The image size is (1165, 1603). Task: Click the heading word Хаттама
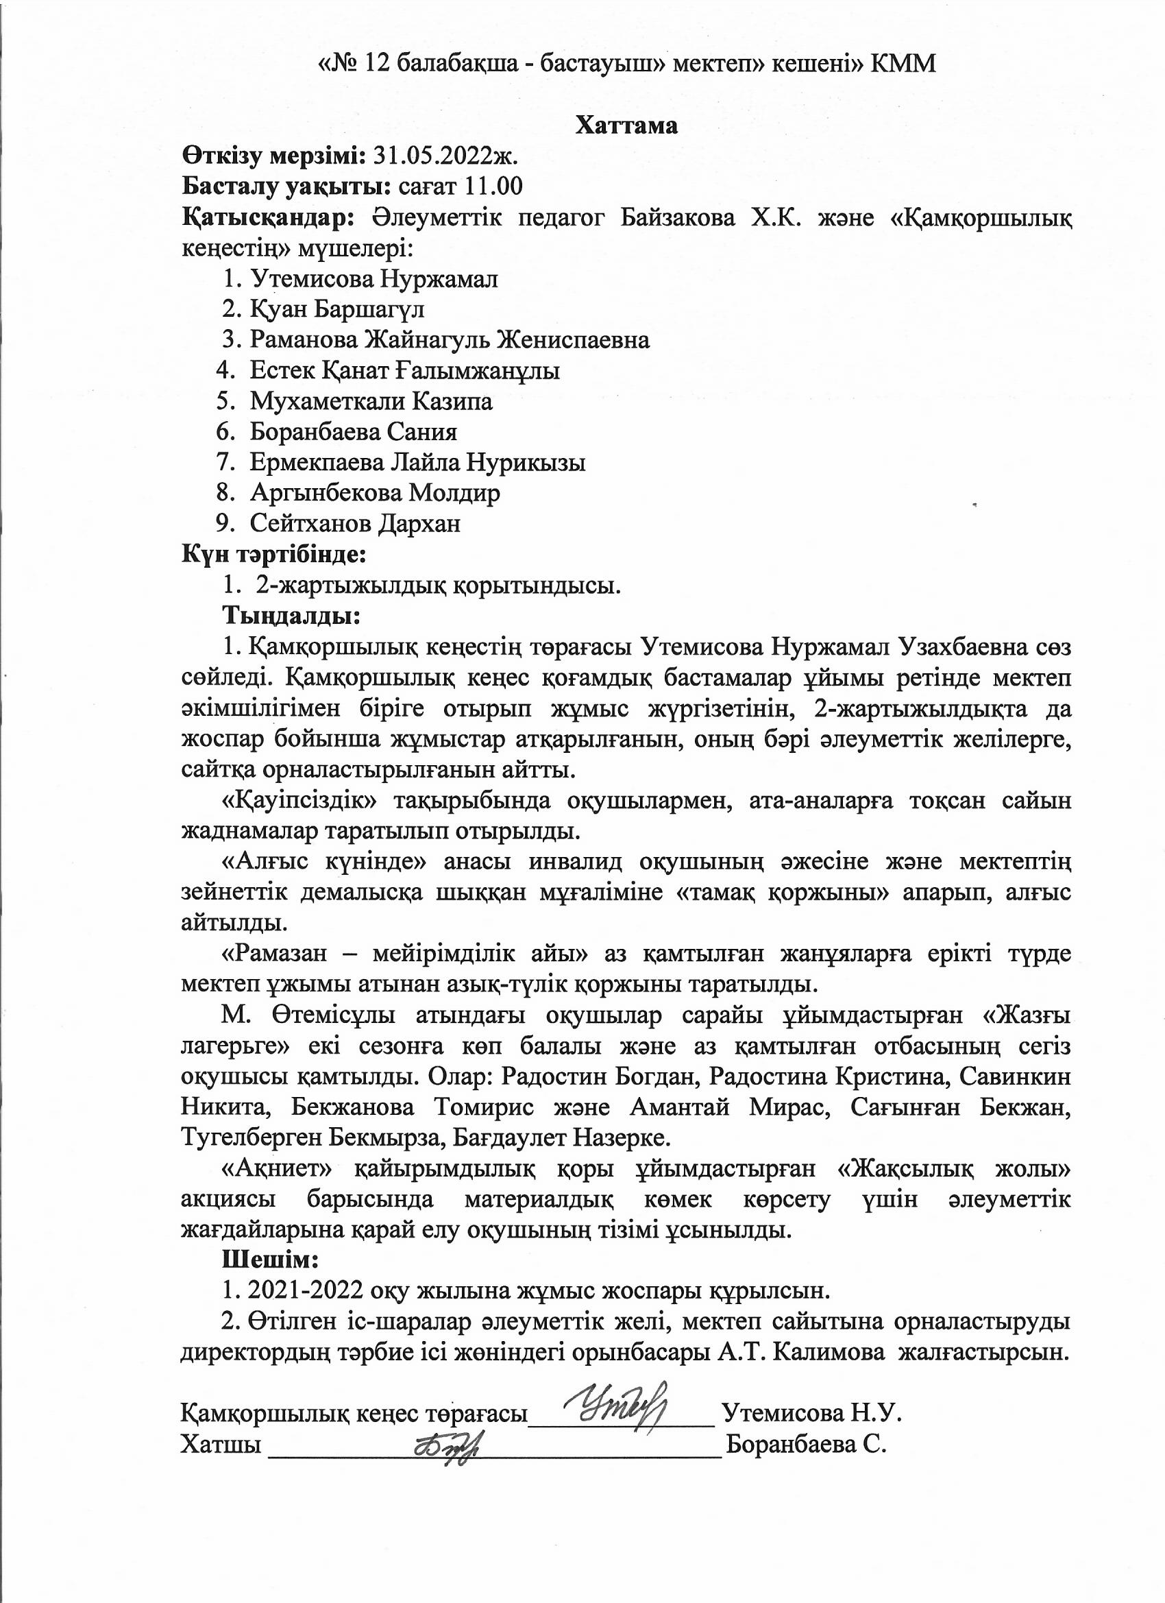[x=626, y=125]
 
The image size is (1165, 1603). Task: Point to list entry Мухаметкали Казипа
[x=371, y=402]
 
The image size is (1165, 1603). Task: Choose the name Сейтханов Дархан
[x=355, y=524]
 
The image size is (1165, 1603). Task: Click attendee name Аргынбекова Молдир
[x=374, y=494]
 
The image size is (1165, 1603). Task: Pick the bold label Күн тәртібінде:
[x=274, y=554]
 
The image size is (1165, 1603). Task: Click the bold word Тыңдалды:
[x=292, y=616]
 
